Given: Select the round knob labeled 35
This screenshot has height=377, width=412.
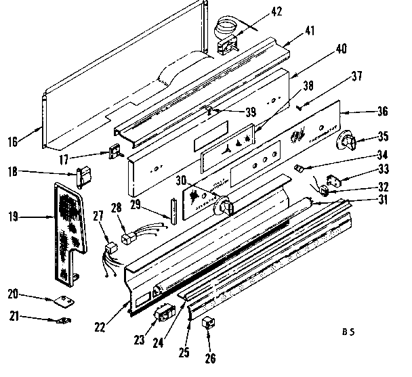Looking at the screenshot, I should [x=347, y=141].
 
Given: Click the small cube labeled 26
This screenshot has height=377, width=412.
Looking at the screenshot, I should [x=208, y=322].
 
